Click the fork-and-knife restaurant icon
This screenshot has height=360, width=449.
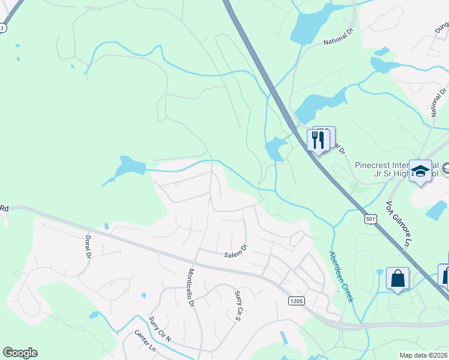[318, 140]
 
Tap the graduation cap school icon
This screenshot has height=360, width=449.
[420, 170]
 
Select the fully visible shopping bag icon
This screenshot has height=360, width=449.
[397, 279]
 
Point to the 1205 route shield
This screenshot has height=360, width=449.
[295, 300]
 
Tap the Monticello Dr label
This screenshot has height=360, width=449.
[191, 287]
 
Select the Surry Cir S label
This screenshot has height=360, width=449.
[238, 304]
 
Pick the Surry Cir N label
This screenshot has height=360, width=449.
[160, 329]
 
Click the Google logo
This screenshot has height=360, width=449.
[20, 353]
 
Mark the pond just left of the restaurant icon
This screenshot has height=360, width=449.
[275, 148]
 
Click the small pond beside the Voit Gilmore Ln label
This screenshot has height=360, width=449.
[438, 211]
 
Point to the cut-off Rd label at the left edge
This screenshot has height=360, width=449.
[4, 208]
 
